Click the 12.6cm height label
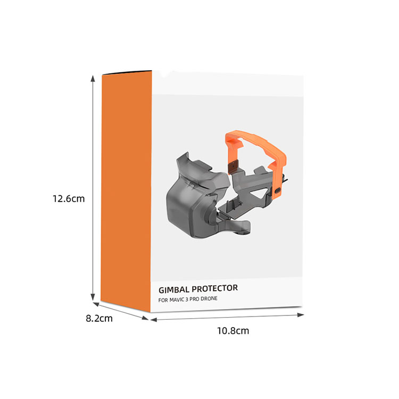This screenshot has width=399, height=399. [69, 198]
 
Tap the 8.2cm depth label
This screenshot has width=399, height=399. [99, 318]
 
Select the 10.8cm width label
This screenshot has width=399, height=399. [233, 330]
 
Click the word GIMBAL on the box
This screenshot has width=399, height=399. [174, 289]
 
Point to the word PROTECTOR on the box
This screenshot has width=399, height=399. [215, 288]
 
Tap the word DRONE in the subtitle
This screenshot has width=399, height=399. [209, 298]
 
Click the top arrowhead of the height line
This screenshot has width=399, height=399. [93, 78]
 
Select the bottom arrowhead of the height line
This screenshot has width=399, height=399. [93, 297]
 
